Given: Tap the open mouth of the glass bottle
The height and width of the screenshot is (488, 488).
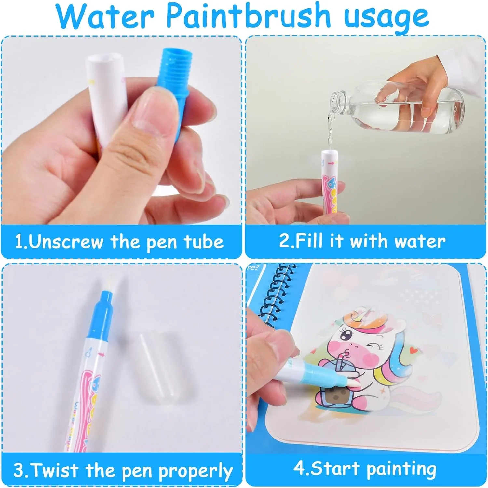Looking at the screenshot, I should point(335,99).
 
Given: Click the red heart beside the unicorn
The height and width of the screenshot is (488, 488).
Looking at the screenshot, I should point(413,351).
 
